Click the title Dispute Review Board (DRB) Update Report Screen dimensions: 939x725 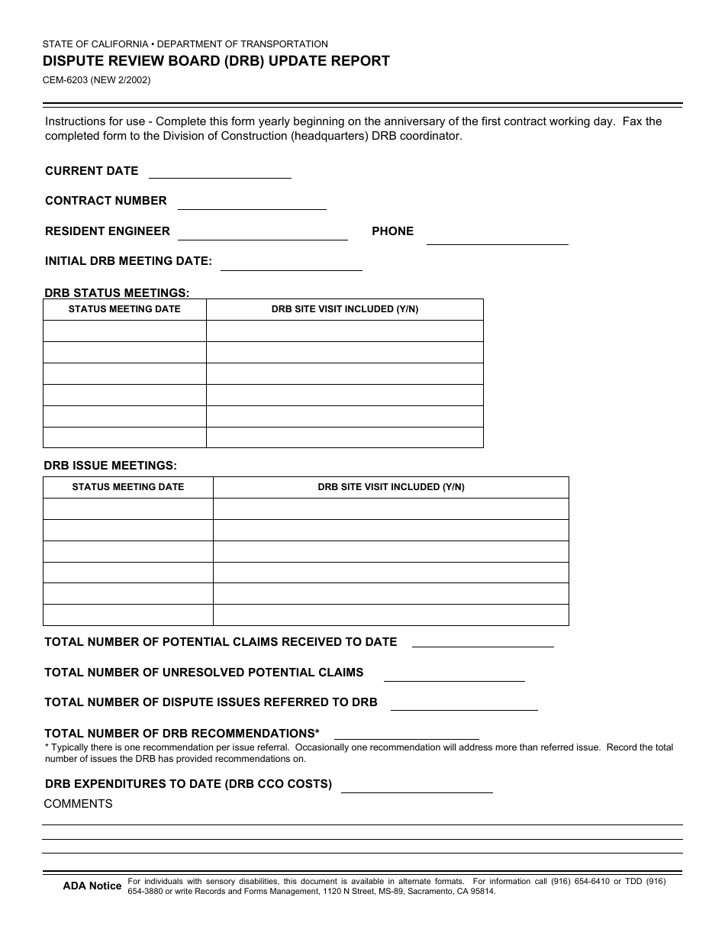coord(216,61)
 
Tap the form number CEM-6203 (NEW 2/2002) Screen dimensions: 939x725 coord(97,79)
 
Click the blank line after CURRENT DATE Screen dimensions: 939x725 coord(220,172)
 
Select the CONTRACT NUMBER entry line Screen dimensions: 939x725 coord(252,202)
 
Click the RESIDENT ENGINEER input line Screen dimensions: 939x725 coord(263,233)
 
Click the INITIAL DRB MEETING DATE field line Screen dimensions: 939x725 coord(291,263)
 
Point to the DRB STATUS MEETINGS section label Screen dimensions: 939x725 coord(117,292)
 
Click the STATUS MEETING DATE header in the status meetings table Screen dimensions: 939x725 coord(124,309)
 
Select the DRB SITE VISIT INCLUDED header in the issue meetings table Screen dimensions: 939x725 coord(391,487)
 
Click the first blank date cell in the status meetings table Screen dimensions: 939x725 coord(124,331)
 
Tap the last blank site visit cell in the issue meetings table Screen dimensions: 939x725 coord(391,615)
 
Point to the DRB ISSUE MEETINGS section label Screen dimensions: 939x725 coord(111,465)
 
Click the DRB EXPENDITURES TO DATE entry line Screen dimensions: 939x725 coord(417,786)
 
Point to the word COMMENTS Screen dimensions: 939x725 coord(78,804)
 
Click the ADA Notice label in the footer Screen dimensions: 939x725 coord(92,886)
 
